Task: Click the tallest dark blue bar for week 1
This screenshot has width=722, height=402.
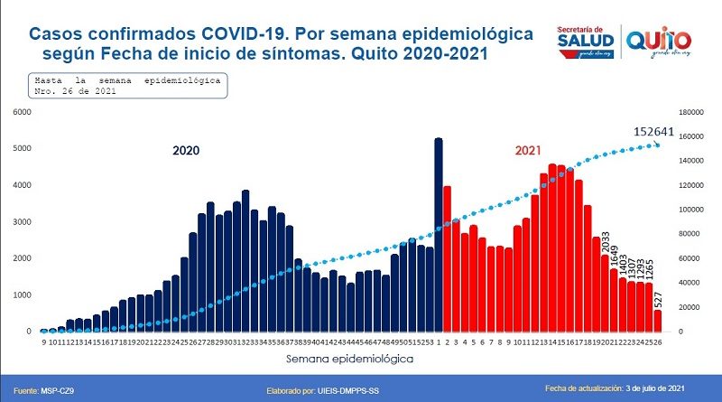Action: [x=439, y=235]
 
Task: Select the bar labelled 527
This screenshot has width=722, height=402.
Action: [x=657, y=321]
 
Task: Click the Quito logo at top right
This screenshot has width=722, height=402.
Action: [x=659, y=40]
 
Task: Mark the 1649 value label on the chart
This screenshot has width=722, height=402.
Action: [x=615, y=254]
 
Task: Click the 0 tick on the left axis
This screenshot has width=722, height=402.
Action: [x=27, y=332]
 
